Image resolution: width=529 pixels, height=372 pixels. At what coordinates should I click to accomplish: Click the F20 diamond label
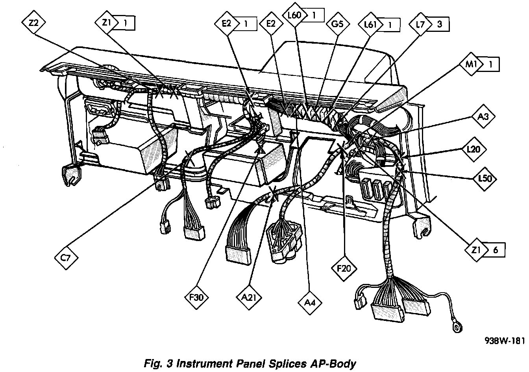[344, 269]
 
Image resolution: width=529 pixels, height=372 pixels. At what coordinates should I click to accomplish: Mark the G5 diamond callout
[337, 24]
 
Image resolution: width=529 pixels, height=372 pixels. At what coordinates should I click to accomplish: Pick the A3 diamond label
[483, 117]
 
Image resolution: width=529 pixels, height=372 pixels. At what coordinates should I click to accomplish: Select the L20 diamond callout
[474, 150]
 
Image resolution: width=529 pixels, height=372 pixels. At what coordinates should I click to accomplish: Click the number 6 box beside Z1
[495, 249]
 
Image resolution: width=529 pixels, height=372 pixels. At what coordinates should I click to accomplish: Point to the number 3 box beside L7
[439, 24]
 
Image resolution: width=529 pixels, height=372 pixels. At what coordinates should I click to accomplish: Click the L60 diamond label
[294, 16]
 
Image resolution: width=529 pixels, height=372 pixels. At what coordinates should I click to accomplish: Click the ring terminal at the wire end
[458, 326]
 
